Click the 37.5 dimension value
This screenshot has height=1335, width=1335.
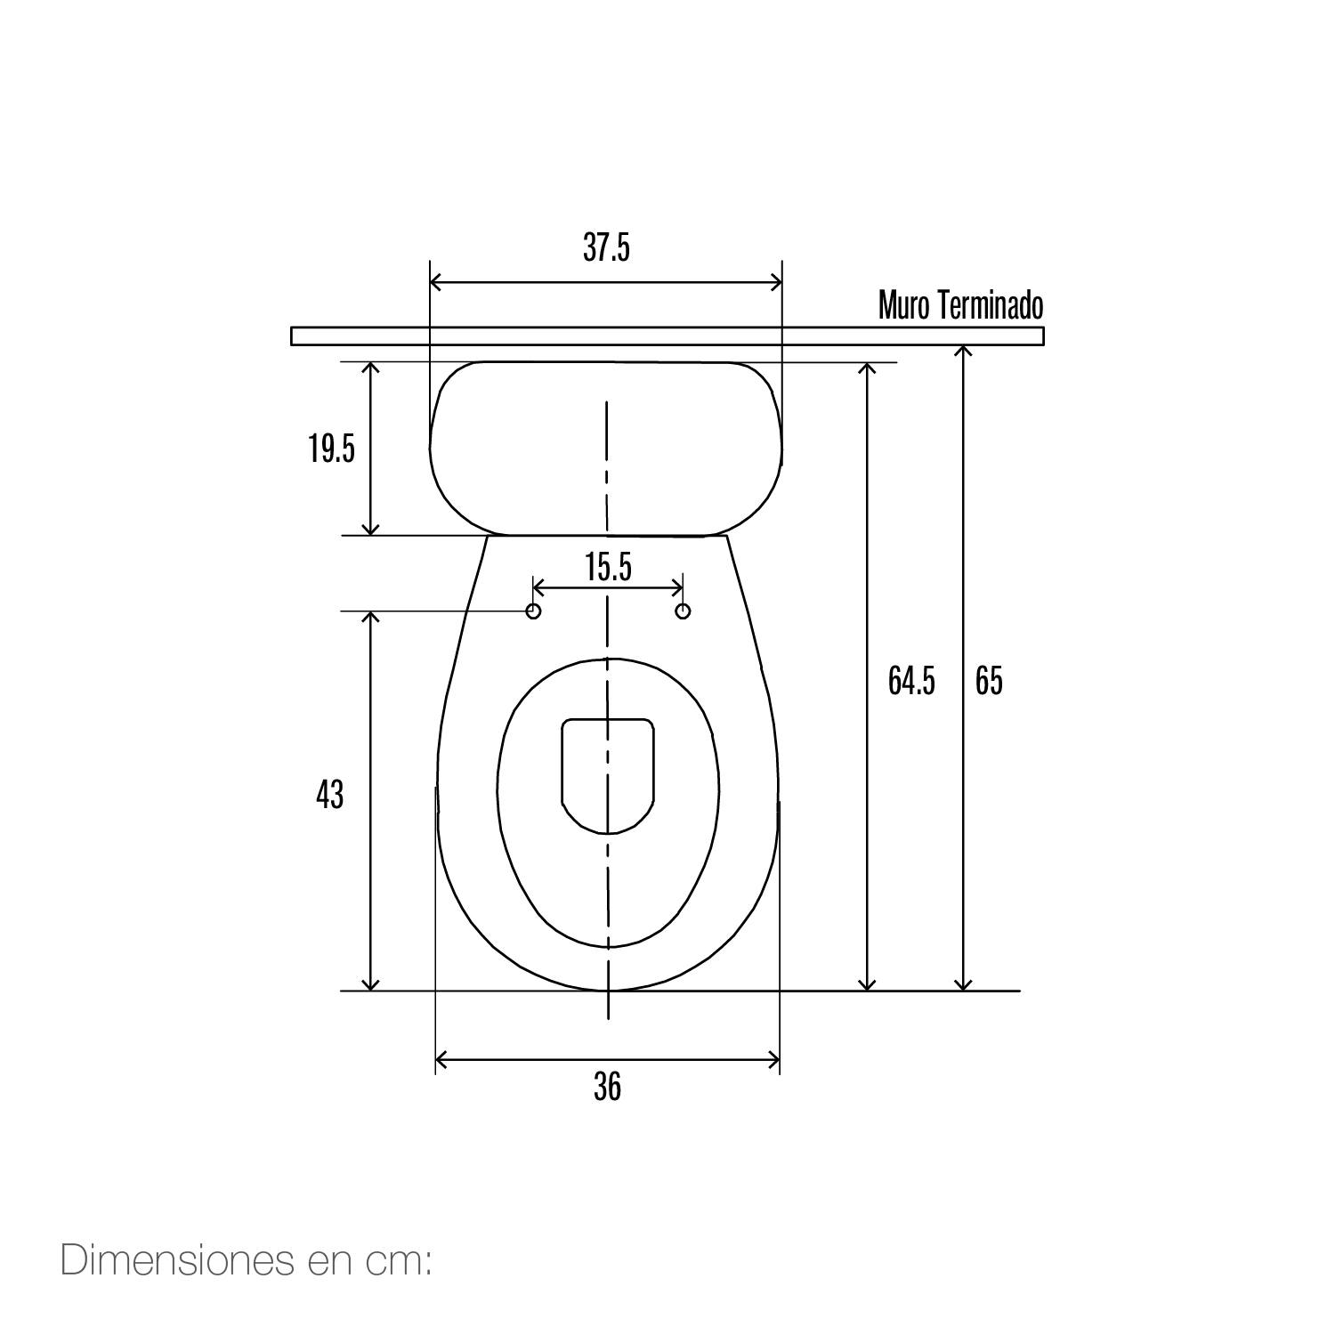click(x=606, y=247)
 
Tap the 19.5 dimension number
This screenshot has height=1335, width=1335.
click(x=332, y=449)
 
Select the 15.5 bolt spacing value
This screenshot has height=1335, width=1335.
click(x=609, y=567)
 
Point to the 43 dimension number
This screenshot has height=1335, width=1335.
click(x=329, y=795)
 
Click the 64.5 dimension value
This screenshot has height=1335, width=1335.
click(x=911, y=681)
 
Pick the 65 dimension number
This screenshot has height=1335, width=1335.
click(x=989, y=681)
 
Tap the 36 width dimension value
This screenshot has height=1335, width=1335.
click(x=607, y=1087)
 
